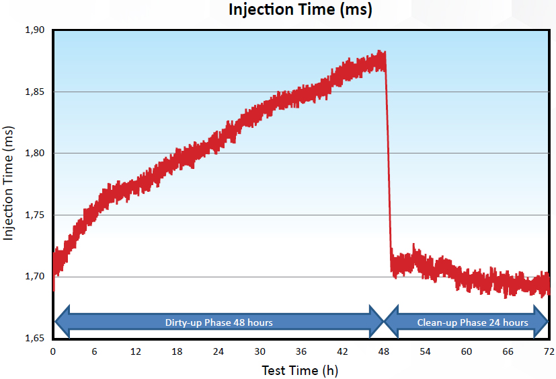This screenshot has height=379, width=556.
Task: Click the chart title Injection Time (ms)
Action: tap(301, 10)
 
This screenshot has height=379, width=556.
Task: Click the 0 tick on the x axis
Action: tap(53, 351)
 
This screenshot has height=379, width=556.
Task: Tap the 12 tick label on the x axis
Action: tap(136, 351)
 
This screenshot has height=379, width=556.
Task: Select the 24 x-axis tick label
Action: tap(219, 351)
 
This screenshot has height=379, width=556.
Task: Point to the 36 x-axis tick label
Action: tap(301, 351)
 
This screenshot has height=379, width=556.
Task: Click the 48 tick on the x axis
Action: tap(384, 351)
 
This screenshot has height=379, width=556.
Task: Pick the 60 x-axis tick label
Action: tap(467, 351)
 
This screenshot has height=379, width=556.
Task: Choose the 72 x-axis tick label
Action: tap(549, 351)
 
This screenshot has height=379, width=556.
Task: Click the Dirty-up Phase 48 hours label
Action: tap(219, 322)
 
